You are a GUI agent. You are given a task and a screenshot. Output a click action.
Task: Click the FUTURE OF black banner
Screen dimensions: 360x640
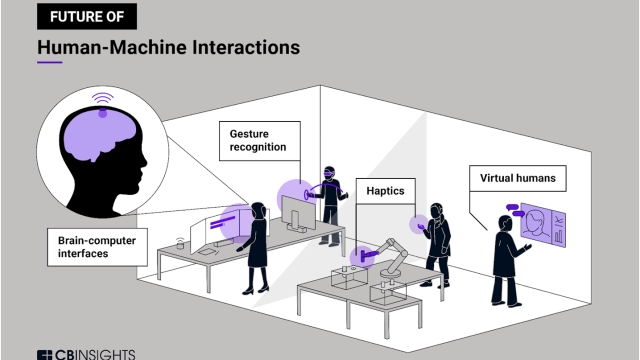pos(85,16)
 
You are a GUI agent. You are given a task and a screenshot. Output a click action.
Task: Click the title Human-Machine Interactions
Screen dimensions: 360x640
pos(167,47)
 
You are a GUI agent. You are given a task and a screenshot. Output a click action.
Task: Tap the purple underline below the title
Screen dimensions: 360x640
pos(49,63)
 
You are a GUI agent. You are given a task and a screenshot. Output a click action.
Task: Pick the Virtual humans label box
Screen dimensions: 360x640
pos(518,180)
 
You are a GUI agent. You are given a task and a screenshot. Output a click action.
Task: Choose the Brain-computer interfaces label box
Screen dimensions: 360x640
pos(94,246)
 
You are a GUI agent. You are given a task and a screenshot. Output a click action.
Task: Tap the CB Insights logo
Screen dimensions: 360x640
pos(85,353)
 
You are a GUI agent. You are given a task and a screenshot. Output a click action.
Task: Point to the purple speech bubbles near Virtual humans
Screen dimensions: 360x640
pos(513,211)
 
